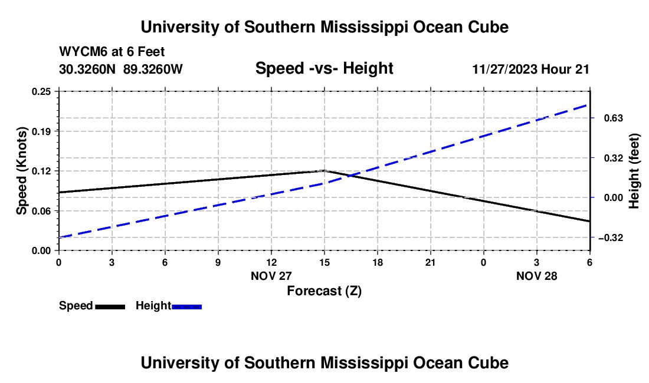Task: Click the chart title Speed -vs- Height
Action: [x=324, y=69]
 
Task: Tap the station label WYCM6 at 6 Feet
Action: [x=112, y=52]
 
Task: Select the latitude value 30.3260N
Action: [x=88, y=69]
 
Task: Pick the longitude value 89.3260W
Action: [x=153, y=69]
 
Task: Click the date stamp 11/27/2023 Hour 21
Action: [x=530, y=69]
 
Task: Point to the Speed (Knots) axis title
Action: [x=22, y=171]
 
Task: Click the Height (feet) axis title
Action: [x=634, y=171]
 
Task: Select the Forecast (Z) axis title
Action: [x=324, y=290]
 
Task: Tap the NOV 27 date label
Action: [x=271, y=276]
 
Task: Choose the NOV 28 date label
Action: [x=536, y=276]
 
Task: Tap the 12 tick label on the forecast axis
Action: [x=271, y=262]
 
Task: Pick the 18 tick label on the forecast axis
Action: [x=378, y=262]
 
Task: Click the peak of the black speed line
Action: [x=324, y=170]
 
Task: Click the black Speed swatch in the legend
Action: [x=110, y=306]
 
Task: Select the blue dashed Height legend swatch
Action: [x=186, y=306]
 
